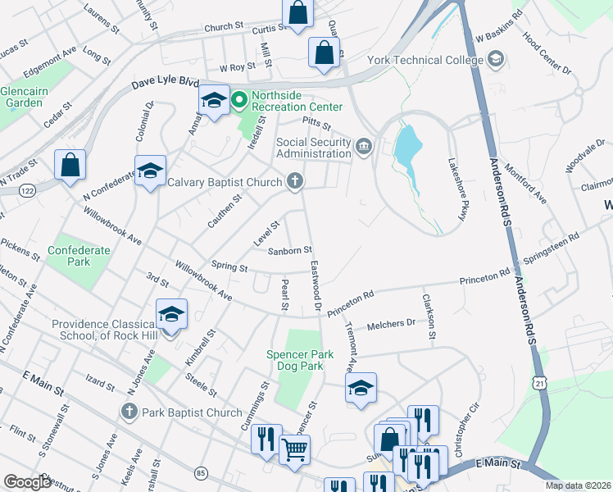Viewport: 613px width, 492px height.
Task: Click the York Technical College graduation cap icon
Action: (495, 60)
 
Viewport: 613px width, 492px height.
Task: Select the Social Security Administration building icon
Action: (364, 148)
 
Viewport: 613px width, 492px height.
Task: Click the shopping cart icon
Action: (294, 449)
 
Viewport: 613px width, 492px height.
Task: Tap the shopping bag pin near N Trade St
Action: (70, 164)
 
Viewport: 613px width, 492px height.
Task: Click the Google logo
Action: (28, 481)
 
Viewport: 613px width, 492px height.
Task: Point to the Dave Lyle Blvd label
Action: (166, 84)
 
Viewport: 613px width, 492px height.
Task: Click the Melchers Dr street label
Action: (391, 324)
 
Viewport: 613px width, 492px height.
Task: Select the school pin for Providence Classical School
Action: (171, 316)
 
